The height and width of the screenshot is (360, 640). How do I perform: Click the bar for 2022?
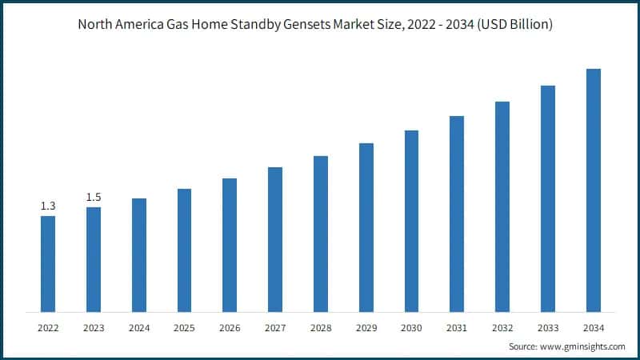pyautogui.click(x=48, y=264)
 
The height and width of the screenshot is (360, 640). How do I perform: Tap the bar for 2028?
pyautogui.click(x=321, y=234)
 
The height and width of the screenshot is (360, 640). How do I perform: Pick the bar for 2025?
pyautogui.click(x=184, y=250)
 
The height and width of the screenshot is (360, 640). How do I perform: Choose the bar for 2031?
pyautogui.click(x=457, y=214)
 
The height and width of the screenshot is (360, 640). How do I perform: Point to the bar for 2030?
pyautogui.click(x=411, y=221)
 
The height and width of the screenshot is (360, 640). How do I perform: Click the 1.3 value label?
pyautogui.click(x=48, y=206)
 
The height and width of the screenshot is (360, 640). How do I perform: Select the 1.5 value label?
pyautogui.click(x=94, y=198)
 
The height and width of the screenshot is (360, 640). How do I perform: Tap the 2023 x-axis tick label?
pyautogui.click(x=94, y=328)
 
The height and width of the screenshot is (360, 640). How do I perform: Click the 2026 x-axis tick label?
pyautogui.click(x=230, y=328)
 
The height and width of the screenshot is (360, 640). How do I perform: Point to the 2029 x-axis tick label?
pyautogui.click(x=366, y=328)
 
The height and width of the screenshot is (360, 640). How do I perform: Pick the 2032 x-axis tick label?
pyautogui.click(x=502, y=328)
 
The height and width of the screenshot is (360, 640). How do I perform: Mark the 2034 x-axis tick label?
pyautogui.click(x=593, y=328)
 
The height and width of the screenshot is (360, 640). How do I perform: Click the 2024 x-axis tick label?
pyautogui.click(x=139, y=328)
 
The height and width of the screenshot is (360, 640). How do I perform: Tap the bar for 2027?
pyautogui.click(x=275, y=239)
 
